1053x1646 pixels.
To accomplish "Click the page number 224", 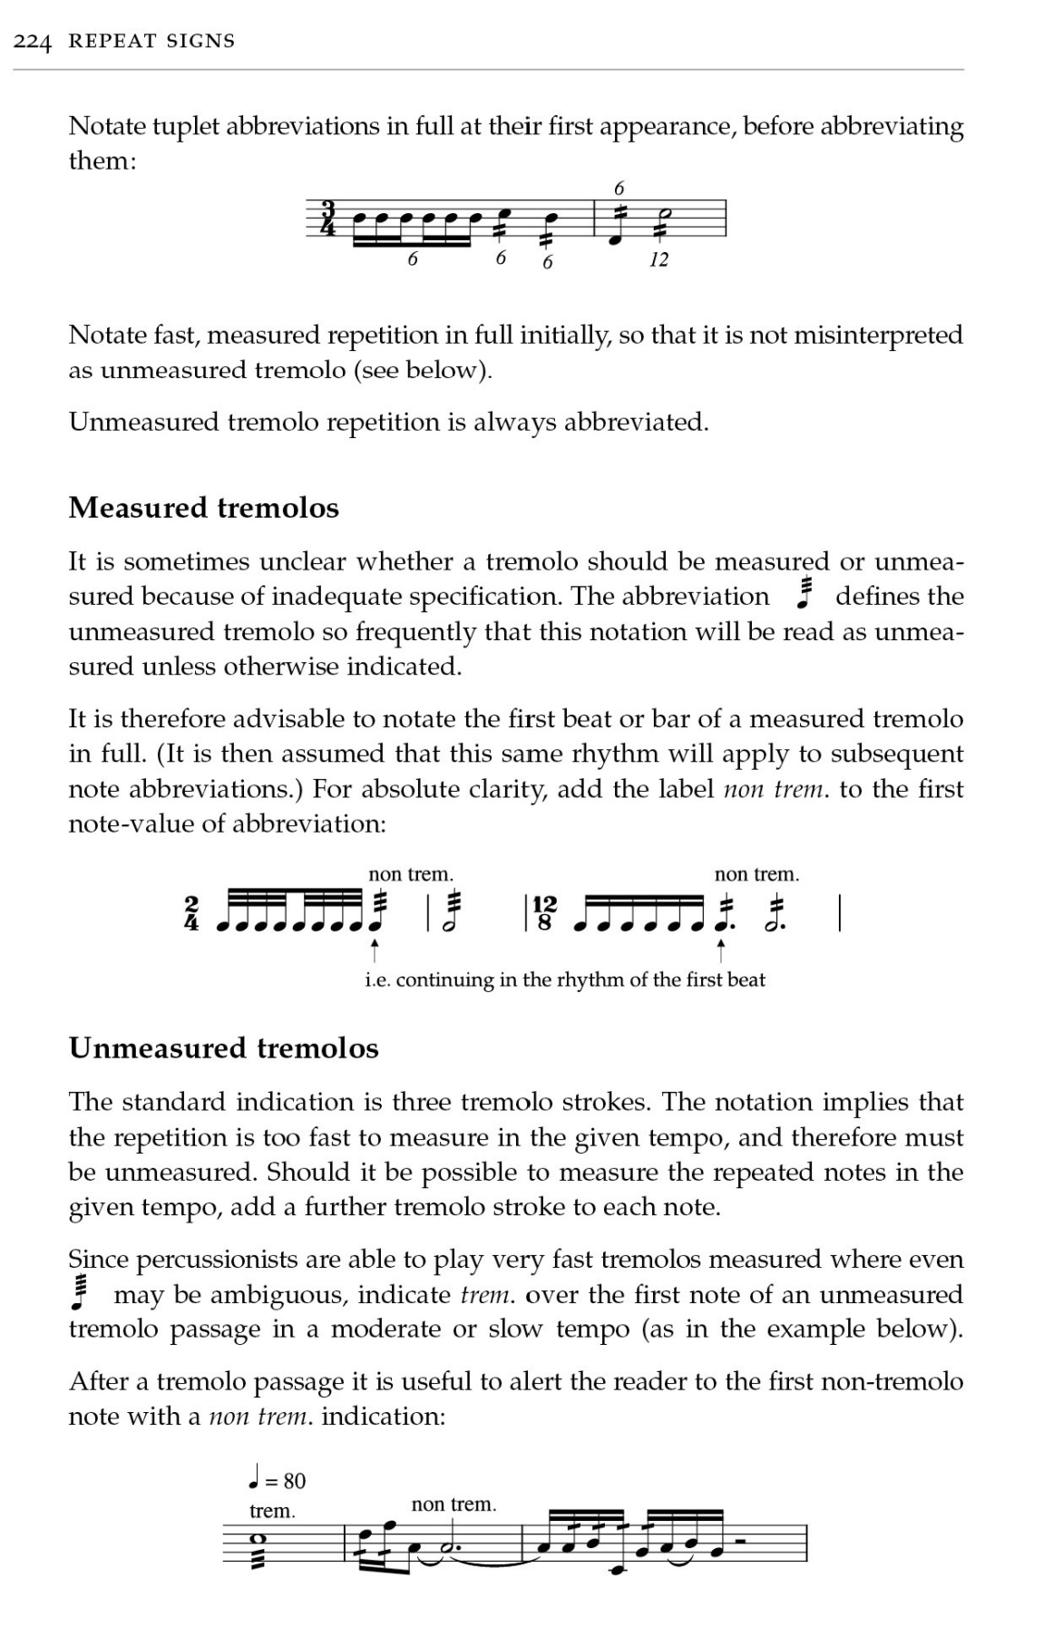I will (34, 41).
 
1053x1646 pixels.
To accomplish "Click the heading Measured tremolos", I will (203, 507).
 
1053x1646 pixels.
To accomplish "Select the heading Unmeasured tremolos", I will (223, 1047).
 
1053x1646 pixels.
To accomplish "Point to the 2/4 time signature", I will (191, 913).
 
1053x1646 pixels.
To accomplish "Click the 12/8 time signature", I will (545, 913).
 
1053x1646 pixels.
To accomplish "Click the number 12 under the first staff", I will (658, 259).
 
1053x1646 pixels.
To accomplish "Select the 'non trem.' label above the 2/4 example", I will (410, 874).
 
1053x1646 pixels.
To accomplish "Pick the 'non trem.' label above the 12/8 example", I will (756, 874).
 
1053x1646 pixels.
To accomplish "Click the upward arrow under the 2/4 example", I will (374, 950).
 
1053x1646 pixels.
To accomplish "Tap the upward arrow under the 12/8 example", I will (720, 950).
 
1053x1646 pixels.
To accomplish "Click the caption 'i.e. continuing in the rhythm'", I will (564, 979).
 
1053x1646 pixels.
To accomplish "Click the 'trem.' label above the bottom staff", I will (272, 1511).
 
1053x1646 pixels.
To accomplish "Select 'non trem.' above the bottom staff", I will (453, 1505).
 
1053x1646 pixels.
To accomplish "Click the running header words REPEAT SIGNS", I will (151, 41).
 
